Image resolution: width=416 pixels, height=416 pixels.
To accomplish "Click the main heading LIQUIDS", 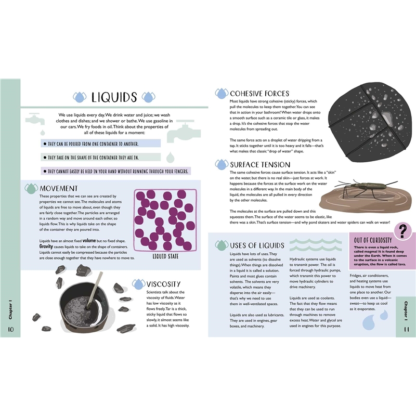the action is click(x=114, y=97).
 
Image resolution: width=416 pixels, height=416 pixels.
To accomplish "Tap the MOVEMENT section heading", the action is click(x=59, y=188).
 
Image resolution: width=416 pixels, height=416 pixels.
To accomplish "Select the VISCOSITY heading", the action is click(x=163, y=284).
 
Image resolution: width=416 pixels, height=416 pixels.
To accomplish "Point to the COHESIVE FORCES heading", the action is click(x=259, y=94).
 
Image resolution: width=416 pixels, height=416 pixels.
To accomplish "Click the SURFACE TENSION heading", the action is click(x=260, y=165).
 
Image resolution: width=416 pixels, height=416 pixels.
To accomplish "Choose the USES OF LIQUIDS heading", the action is click(x=257, y=245).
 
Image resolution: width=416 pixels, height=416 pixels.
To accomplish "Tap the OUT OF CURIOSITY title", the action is click(x=373, y=240).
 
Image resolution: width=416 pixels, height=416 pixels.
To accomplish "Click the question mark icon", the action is click(x=402, y=231).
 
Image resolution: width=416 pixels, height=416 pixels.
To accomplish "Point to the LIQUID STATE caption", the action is click(x=165, y=256).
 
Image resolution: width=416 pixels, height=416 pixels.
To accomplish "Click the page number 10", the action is click(x=10, y=329).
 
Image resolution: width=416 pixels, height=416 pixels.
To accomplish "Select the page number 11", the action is click(x=407, y=329).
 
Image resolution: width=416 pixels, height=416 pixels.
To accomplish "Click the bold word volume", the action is click(x=89, y=241).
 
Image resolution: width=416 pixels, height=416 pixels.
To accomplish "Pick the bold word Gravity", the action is click(x=46, y=246).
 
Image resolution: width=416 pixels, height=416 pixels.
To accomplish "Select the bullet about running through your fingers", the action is click(x=115, y=171).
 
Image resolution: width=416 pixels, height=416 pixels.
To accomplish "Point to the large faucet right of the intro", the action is click(x=183, y=132).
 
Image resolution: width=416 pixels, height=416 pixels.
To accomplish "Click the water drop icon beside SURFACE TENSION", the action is click(x=222, y=164).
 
